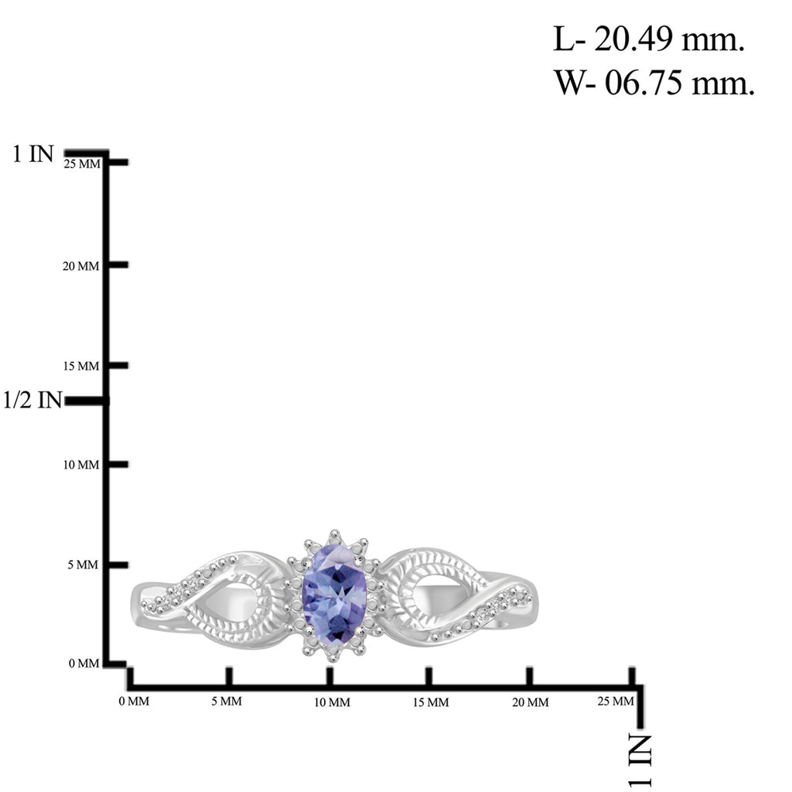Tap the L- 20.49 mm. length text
click(649, 39)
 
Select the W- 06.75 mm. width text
click(654, 82)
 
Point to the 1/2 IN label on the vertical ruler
click(32, 400)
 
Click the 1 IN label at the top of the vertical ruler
click(32, 154)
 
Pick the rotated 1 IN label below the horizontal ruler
click(640, 760)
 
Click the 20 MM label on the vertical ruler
click(80, 266)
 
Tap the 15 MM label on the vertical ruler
click(80, 366)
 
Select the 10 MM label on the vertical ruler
click(80, 465)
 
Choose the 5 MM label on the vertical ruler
click(84, 565)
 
